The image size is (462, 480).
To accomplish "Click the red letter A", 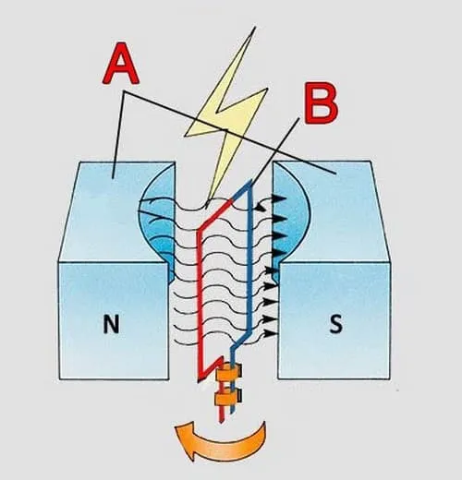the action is [121, 64].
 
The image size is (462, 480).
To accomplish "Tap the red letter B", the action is [321, 102].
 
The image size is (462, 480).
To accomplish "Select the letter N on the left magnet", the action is [111, 324].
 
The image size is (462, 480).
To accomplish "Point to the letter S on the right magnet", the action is [335, 324].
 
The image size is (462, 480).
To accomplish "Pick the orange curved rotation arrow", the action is [220, 440].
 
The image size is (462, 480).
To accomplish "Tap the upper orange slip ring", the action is [228, 373].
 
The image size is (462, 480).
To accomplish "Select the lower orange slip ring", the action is [228, 398].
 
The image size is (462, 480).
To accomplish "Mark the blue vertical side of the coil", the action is [250, 261].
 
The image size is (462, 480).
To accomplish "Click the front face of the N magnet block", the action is [114, 320].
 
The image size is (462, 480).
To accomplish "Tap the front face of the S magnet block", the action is [334, 320].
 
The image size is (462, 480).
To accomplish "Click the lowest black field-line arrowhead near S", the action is [271, 333].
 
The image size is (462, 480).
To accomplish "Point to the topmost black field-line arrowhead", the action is [279, 198].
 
